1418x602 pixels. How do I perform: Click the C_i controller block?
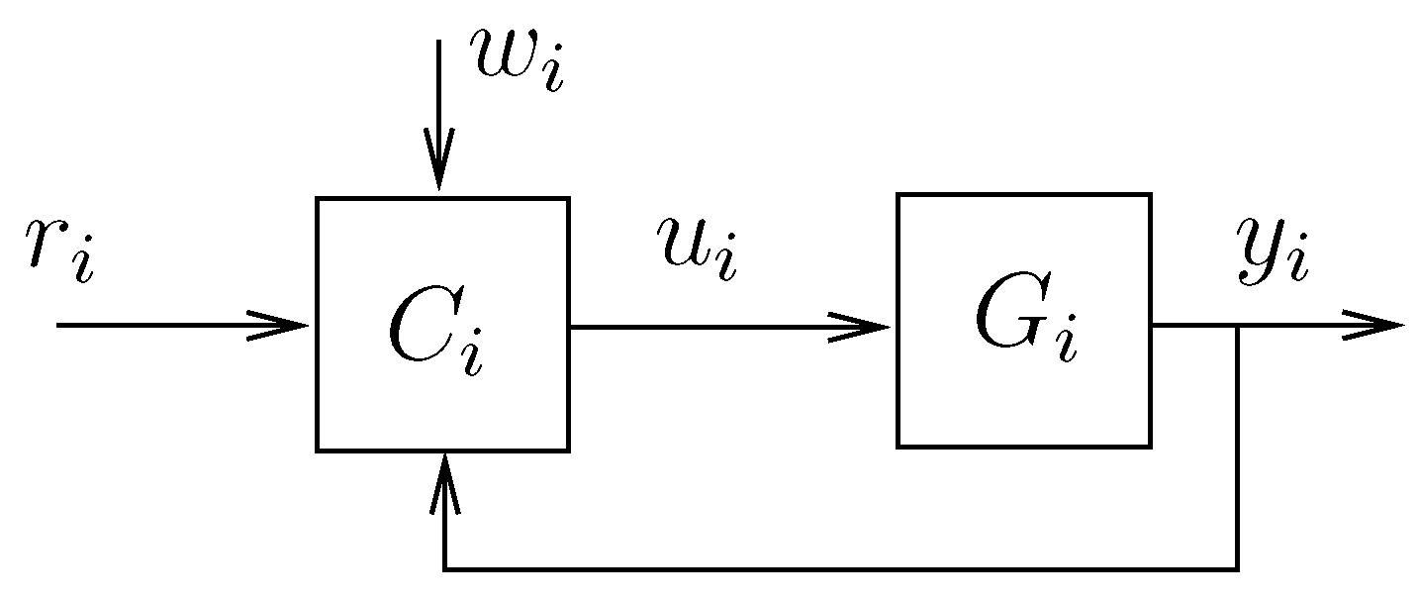[x=442, y=325]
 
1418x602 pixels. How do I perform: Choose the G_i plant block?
[x=1023, y=321]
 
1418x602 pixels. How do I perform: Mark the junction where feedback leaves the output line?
[x=1237, y=325]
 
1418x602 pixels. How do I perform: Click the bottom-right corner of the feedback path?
[x=1237, y=569]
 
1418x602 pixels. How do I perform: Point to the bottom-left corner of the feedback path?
[x=444, y=569]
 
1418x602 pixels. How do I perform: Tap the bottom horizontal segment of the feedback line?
[x=841, y=569]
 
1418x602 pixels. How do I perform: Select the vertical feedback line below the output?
[x=1237, y=446]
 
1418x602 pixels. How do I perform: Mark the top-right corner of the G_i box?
[x=1150, y=195]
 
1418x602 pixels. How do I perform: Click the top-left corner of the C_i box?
[x=318, y=199]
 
